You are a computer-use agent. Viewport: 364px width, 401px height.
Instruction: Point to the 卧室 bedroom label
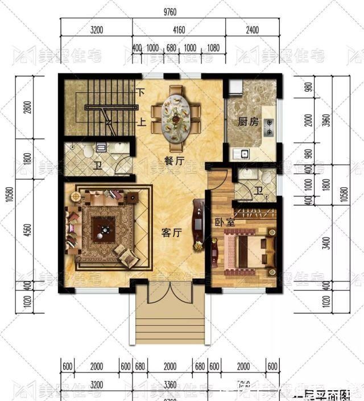(225, 223)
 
